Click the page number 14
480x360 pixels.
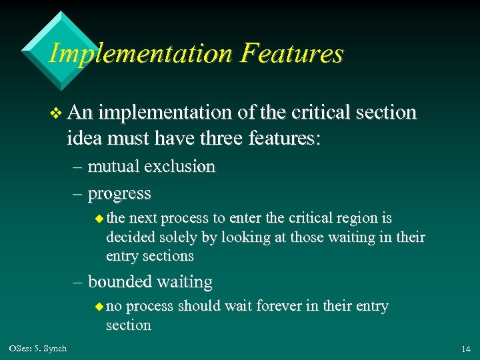(x=465, y=349)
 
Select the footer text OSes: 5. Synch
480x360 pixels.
(x=38, y=349)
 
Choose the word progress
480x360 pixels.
(x=119, y=194)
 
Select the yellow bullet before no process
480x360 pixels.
(x=99, y=307)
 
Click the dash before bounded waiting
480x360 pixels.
(x=78, y=283)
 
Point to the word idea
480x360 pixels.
(x=82, y=139)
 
